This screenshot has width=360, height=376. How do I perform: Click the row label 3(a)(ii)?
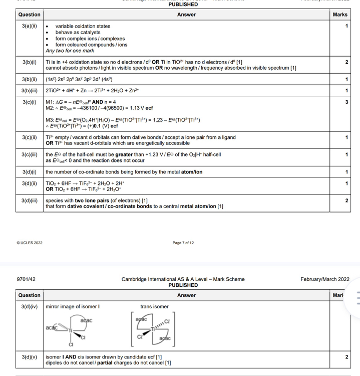(x=29, y=26)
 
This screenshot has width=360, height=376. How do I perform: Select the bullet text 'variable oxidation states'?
(x=83, y=26)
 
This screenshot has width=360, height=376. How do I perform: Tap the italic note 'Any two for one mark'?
(x=70, y=51)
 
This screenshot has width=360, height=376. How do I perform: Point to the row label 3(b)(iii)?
(x=30, y=91)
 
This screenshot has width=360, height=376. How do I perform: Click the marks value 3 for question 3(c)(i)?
(x=346, y=102)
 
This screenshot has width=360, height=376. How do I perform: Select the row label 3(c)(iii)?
(x=30, y=154)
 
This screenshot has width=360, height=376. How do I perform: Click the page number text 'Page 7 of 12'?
(x=183, y=243)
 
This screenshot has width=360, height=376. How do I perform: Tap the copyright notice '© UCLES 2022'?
(x=30, y=243)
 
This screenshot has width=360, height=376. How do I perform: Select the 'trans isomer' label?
(x=154, y=306)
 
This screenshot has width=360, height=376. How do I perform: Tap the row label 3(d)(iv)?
(x=30, y=306)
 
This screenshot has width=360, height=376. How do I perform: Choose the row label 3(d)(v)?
(x=30, y=357)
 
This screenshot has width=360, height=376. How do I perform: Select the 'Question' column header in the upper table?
(x=29, y=15)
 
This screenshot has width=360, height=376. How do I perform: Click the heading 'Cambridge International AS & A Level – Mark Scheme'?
(x=183, y=279)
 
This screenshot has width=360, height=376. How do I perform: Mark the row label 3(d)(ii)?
(x=30, y=183)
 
